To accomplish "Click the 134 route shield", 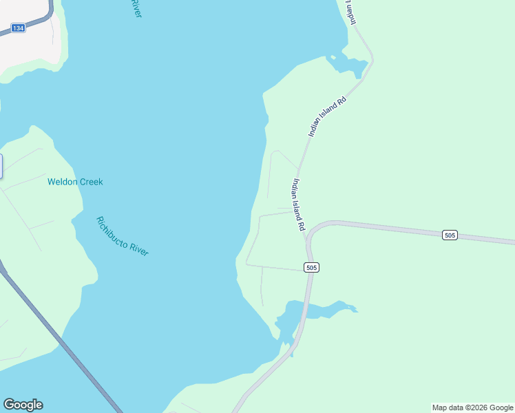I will (18, 28).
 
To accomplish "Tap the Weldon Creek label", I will (75, 182).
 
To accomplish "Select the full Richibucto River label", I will (123, 236).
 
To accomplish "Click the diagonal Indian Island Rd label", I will (327, 116).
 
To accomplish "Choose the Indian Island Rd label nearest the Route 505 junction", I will (298, 204).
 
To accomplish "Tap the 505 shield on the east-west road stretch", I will (450, 235).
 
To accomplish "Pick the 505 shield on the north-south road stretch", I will (311, 267).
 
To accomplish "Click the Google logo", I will (23, 405).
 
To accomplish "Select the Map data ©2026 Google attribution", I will (472, 407).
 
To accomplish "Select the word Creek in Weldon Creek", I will (90, 182).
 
